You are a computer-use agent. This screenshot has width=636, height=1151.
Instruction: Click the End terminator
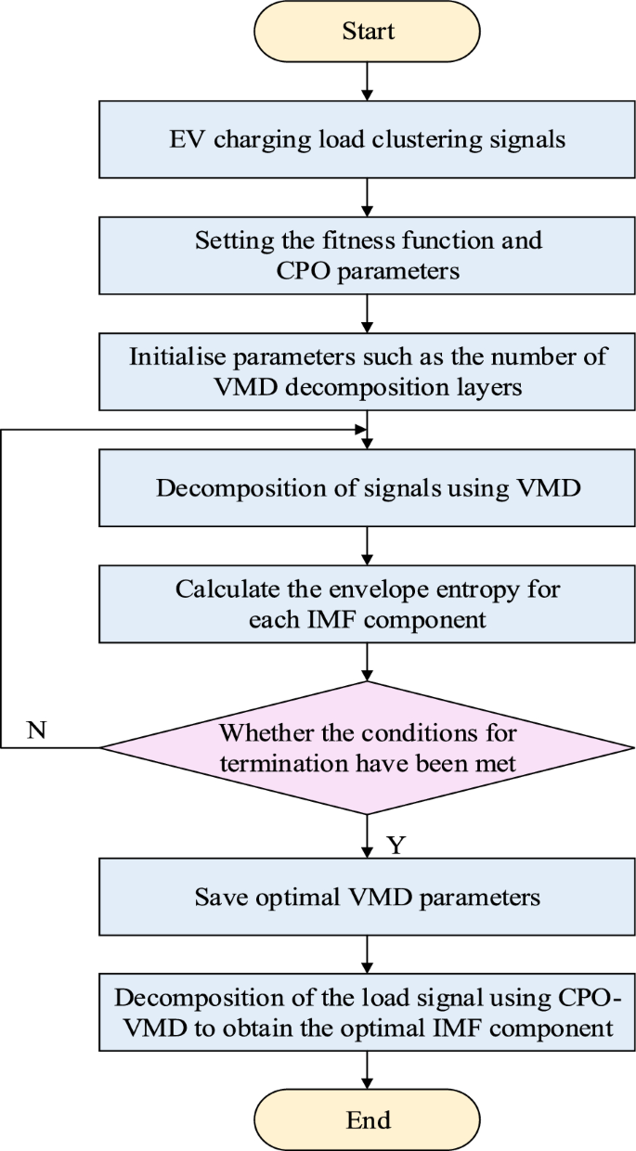tap(368, 1119)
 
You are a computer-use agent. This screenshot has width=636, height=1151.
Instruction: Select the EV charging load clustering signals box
tap(368, 141)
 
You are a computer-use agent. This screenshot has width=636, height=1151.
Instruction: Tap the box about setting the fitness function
tap(368, 255)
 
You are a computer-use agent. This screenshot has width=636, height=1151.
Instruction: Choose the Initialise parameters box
tap(368, 372)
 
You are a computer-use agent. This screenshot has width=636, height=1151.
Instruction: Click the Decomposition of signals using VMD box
tap(368, 488)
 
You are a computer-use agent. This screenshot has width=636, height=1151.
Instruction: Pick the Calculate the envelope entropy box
tap(368, 604)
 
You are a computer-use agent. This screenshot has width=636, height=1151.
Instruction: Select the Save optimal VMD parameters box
tap(368, 899)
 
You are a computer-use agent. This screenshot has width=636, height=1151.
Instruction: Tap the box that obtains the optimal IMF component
tap(368, 1013)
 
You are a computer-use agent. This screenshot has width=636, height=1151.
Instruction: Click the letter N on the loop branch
tap(36, 730)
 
